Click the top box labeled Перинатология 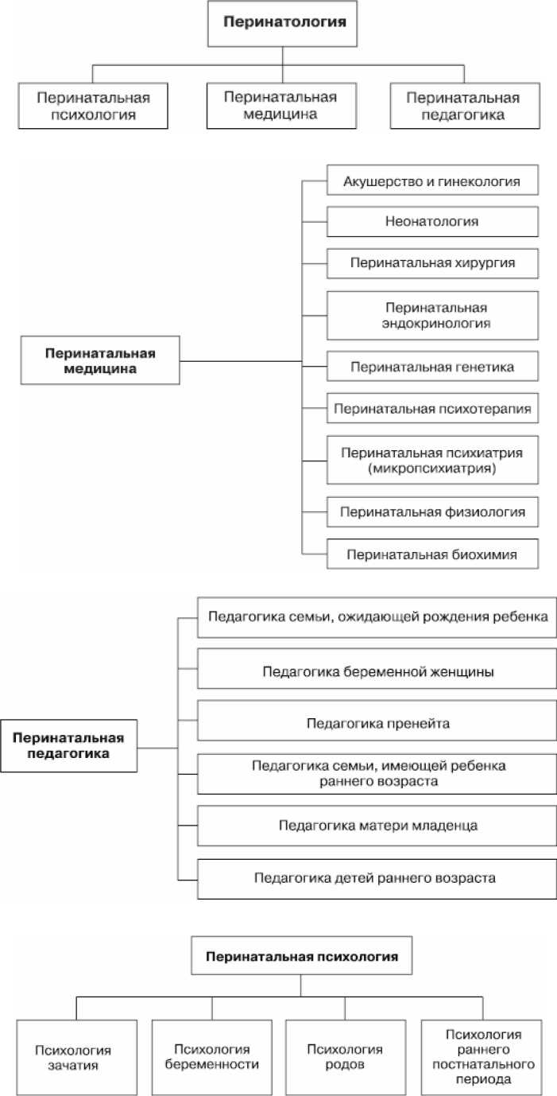(x=285, y=23)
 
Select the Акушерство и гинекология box (x=433, y=182)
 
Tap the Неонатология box (x=433, y=222)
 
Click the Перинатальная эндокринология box (x=433, y=315)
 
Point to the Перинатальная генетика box (x=433, y=367)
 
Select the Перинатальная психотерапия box (x=433, y=410)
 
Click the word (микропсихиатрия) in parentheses (x=433, y=469)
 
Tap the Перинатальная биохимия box (x=433, y=554)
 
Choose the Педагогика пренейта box (x=377, y=723)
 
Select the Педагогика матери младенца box (x=377, y=825)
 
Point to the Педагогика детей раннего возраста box (x=377, y=878)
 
